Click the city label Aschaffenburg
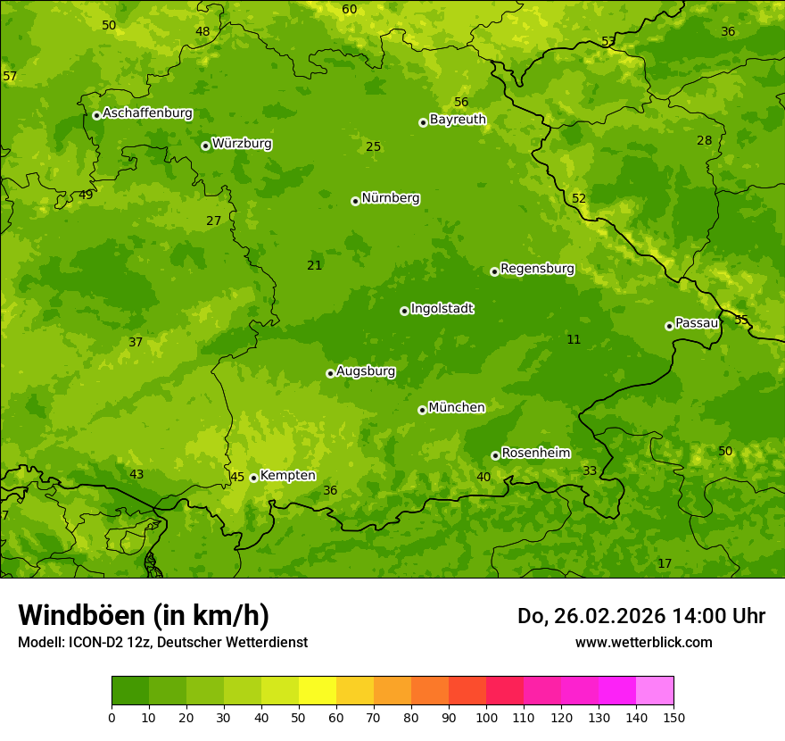147,113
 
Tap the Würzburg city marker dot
205,146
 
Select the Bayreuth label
458,119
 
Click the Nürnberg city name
390,198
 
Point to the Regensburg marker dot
494,271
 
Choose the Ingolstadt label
442,309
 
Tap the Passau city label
696,323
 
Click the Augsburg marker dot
330,373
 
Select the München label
456,408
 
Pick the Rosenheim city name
535,454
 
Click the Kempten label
287,476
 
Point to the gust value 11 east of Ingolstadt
574,340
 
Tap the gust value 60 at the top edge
350,10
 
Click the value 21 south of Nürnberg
314,266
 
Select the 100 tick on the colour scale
486,717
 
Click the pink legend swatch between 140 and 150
655,691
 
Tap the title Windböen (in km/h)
144,615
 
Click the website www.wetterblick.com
643,642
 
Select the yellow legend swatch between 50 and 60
318,691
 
